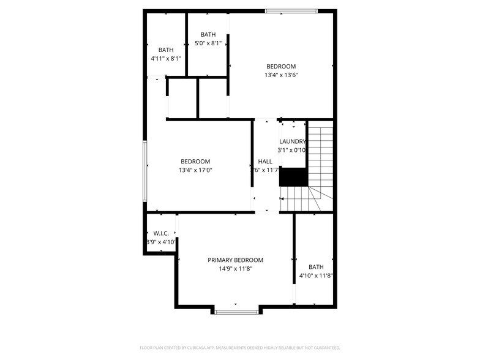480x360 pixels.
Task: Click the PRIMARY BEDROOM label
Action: point(235,260)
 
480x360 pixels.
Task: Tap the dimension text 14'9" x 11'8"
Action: point(235,268)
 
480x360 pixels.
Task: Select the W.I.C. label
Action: point(161,233)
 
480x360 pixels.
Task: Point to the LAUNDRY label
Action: point(292,141)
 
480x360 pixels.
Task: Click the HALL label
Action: point(265,162)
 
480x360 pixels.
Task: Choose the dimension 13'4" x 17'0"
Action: point(195,170)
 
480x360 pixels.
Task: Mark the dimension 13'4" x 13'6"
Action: point(281,75)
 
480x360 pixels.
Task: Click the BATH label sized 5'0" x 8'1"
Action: point(208,35)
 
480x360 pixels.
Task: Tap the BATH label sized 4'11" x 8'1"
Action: point(166,50)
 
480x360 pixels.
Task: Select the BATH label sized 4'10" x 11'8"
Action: point(316,267)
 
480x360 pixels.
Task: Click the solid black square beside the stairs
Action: point(293,176)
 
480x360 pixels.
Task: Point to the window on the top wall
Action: point(291,10)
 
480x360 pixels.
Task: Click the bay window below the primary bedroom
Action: point(236,312)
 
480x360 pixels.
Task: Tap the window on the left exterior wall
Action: point(145,171)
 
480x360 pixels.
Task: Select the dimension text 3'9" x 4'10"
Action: point(161,242)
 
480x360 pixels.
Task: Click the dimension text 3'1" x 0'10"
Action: point(292,150)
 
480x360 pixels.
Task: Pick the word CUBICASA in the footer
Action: point(187,347)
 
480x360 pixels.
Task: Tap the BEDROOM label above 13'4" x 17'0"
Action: point(195,162)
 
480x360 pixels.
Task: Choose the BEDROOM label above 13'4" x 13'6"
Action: point(281,67)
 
